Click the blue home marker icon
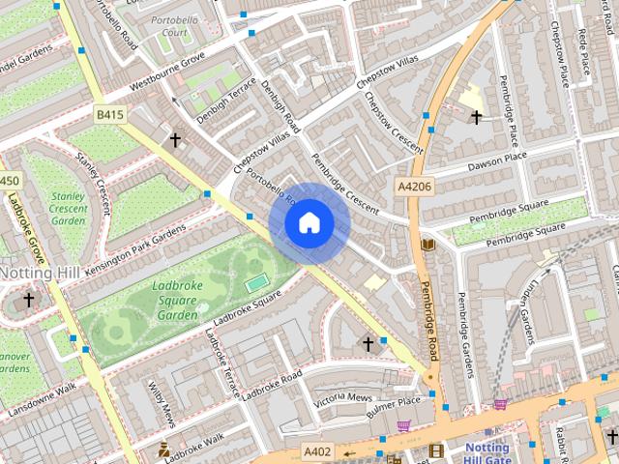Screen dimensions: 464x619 click(x=309, y=223)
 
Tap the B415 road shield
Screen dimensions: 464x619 click(x=110, y=115)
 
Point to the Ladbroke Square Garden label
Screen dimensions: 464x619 click(x=176, y=300)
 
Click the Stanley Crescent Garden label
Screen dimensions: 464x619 click(x=68, y=208)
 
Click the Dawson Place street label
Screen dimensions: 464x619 click(x=497, y=160)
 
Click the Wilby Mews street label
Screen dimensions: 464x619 click(x=162, y=404)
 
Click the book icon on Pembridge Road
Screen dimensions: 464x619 click(x=428, y=245)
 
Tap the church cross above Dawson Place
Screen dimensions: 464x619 click(x=475, y=117)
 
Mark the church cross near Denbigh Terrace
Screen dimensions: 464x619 click(x=175, y=140)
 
